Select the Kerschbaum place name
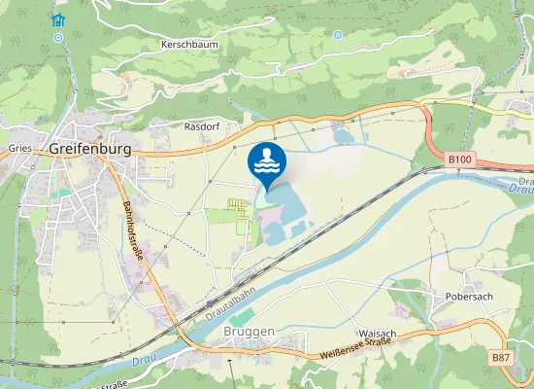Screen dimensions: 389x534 (x=189, y=46)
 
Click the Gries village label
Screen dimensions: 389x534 (x=19, y=148)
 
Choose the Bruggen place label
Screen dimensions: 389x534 (x=250, y=332)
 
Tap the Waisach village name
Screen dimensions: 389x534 (x=377, y=333)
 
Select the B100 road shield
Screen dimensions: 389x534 (x=459, y=158)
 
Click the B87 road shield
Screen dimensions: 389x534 (x=501, y=358)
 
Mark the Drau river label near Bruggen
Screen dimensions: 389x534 (x=142, y=361)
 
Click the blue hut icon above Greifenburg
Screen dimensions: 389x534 (x=58, y=19)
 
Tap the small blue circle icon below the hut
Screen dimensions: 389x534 (x=58, y=38)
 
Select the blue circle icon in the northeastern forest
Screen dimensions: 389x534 (x=337, y=35)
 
